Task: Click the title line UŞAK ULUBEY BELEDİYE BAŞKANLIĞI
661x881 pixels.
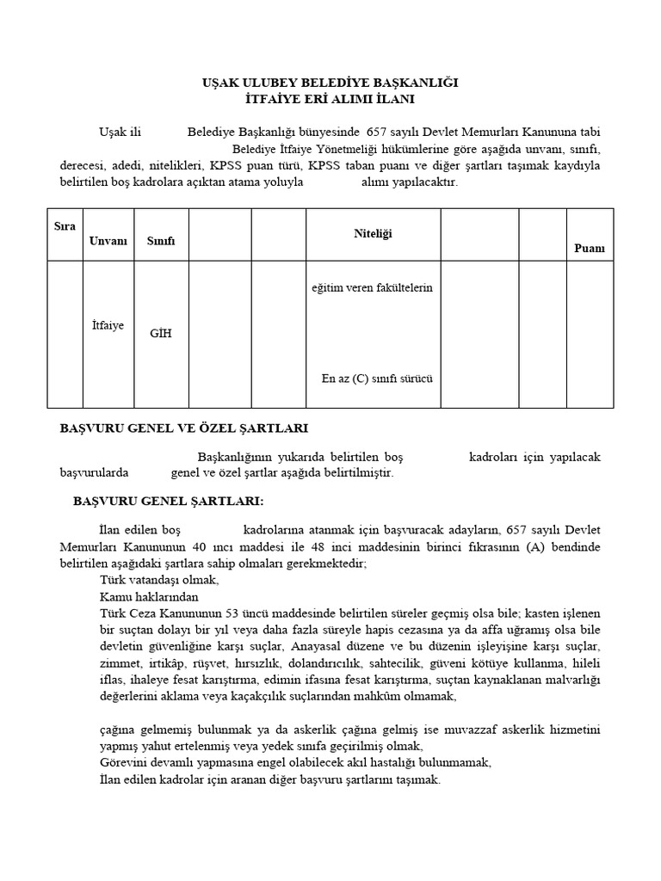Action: click(x=330, y=83)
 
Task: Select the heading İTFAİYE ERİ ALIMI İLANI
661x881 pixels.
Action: click(x=330, y=99)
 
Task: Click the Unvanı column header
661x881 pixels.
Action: click(x=108, y=241)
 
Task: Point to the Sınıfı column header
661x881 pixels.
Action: click(x=161, y=241)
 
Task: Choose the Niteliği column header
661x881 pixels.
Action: click(x=373, y=233)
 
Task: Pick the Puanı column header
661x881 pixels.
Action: click(x=590, y=249)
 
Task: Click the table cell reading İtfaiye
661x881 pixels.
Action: click(x=108, y=325)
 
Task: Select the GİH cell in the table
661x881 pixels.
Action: click(x=161, y=333)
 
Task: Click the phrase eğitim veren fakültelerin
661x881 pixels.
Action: click(x=372, y=287)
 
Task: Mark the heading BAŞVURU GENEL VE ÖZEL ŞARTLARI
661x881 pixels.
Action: click(x=183, y=428)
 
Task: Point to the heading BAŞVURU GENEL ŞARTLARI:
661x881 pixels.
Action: click(x=169, y=501)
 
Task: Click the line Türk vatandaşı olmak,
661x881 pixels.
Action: click(x=159, y=580)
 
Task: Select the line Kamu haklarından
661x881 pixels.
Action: click(x=149, y=596)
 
